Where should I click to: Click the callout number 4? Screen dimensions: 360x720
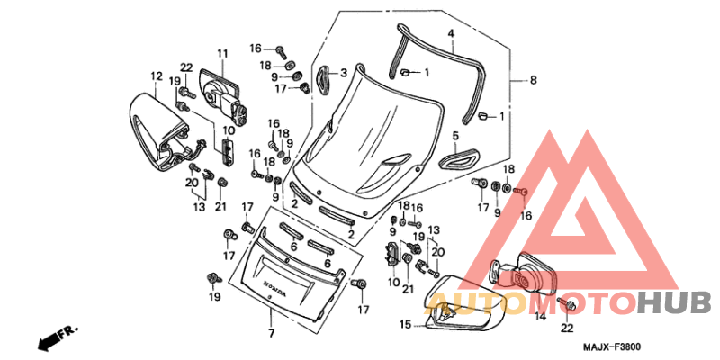(451, 33)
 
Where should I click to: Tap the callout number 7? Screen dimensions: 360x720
(270, 334)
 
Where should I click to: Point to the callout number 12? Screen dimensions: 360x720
(156, 76)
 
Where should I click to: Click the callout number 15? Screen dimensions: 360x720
(405, 324)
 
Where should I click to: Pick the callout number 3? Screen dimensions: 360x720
(343, 73)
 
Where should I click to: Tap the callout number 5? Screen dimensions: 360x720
(455, 137)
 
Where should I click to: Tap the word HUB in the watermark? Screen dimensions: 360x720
(673, 301)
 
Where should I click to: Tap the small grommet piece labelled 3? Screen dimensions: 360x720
(324, 76)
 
